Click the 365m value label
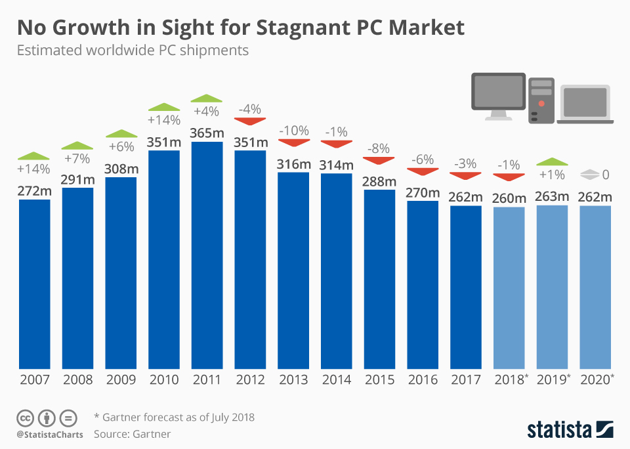coord(207,133)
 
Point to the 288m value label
coord(380,181)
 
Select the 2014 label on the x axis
coord(337,380)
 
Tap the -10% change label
coord(293,131)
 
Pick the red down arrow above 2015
coord(380,160)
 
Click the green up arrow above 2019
coord(553,161)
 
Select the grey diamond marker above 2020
coord(589,175)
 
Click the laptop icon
coord(585,104)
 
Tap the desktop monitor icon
coord(499,96)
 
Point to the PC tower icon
coord(541,99)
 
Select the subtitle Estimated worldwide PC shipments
coord(133,50)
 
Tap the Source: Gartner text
coord(132,434)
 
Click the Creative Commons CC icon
coord(26,417)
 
